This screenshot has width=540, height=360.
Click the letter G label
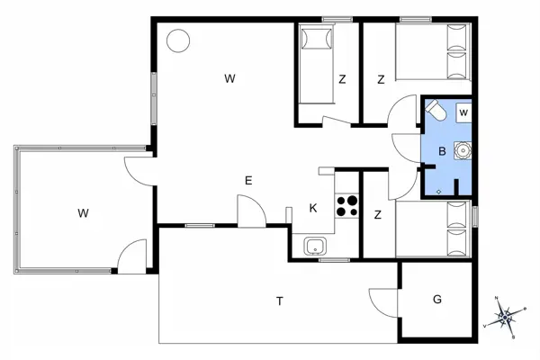(x=437, y=298)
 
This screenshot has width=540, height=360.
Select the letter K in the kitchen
(x=313, y=209)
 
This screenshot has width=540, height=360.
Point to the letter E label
(x=248, y=181)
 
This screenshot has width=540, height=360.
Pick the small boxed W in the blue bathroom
(x=463, y=112)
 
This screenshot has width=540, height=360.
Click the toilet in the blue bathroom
(x=436, y=112)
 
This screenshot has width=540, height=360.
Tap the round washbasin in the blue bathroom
(x=463, y=150)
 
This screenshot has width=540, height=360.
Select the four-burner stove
(x=347, y=206)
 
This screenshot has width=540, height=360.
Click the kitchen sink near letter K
(x=315, y=246)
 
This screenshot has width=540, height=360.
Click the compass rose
(x=506, y=316)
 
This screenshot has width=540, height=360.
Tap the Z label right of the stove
(x=378, y=214)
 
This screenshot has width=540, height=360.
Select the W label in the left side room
(x=83, y=213)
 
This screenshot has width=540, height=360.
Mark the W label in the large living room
(x=230, y=79)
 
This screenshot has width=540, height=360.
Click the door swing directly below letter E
(x=250, y=214)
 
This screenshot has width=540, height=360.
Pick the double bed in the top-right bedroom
(x=434, y=54)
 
